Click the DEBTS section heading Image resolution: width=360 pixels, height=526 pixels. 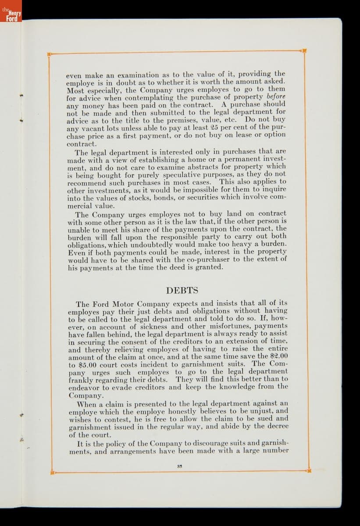[x=182, y=290]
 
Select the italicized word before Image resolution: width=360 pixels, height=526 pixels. [x=276, y=96]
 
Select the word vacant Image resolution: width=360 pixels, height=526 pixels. [x=93, y=128]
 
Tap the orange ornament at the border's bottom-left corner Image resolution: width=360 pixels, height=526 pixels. [x=53, y=473]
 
